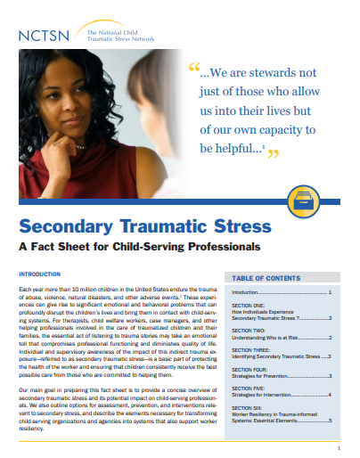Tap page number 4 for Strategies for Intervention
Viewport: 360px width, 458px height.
click(x=330, y=397)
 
